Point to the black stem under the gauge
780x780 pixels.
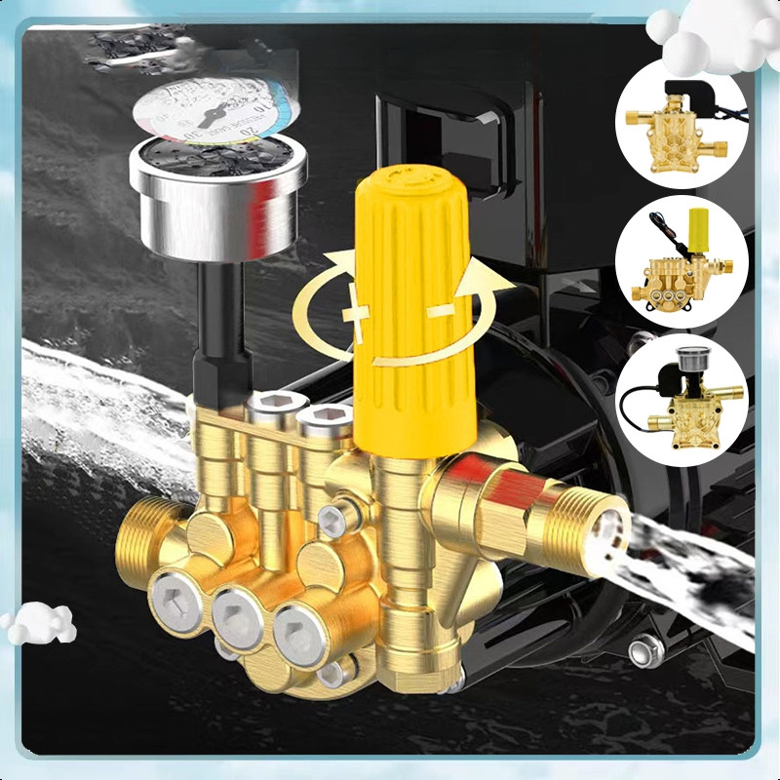pos(216,322)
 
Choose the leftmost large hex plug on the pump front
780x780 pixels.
pos(177,598)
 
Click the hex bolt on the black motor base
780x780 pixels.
pos(645,650)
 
